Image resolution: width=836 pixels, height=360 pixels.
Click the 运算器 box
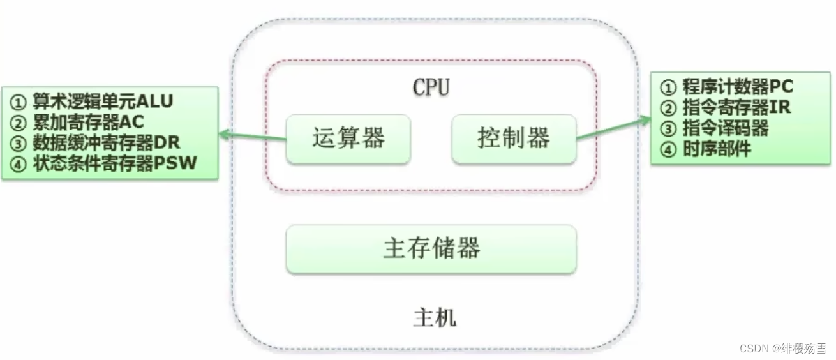click(x=348, y=139)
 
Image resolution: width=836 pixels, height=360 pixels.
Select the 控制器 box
click(x=514, y=139)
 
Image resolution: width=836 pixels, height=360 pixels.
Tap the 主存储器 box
click(x=431, y=249)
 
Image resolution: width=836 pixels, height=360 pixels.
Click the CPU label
click(x=431, y=87)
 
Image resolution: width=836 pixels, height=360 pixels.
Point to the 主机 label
click(x=435, y=317)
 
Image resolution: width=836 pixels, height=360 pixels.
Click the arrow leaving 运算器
click(x=252, y=135)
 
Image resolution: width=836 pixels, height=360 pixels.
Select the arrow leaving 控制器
click(x=613, y=127)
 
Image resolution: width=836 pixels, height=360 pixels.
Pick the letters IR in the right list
click(x=780, y=107)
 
